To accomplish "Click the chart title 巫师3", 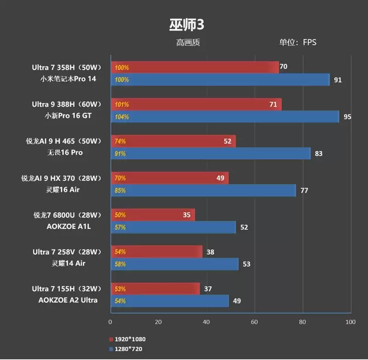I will (x=184, y=24).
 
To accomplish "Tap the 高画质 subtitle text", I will (x=188, y=43).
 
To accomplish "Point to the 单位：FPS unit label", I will (x=298, y=43).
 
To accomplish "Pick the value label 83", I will (x=318, y=153).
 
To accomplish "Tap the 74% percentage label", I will (x=120, y=141).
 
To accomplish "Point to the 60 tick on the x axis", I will (x=254, y=322).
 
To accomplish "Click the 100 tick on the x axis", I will (x=351, y=322).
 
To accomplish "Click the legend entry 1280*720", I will (x=127, y=349).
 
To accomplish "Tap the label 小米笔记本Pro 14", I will (x=68, y=79).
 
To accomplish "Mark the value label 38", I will (x=211, y=252).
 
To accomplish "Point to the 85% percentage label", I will (x=120, y=190).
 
